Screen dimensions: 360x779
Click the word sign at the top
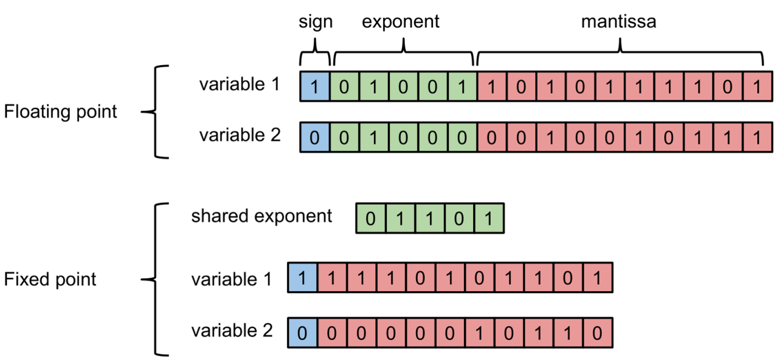point(315,22)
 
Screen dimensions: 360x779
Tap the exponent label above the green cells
point(400,22)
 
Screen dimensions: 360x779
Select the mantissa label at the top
point(619,22)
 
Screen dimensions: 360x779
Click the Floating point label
point(61,112)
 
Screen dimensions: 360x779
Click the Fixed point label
point(50,279)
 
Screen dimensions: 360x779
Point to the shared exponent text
point(261,216)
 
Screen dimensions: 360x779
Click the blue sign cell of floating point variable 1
point(315,87)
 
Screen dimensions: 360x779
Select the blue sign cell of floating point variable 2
point(315,137)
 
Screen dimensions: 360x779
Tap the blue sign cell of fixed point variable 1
point(302,278)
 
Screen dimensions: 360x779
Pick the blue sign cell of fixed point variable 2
point(302,333)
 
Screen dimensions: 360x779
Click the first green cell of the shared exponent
point(370,218)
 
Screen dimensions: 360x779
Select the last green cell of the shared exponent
point(489,218)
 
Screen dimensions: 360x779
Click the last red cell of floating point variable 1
point(757,87)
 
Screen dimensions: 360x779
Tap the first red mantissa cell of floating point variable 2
point(492,137)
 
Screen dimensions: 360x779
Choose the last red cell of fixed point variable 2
point(597,333)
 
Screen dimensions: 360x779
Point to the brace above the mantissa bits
point(620,52)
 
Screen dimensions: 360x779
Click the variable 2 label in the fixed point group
point(232,331)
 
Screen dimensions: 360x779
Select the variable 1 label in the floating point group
point(239,84)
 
